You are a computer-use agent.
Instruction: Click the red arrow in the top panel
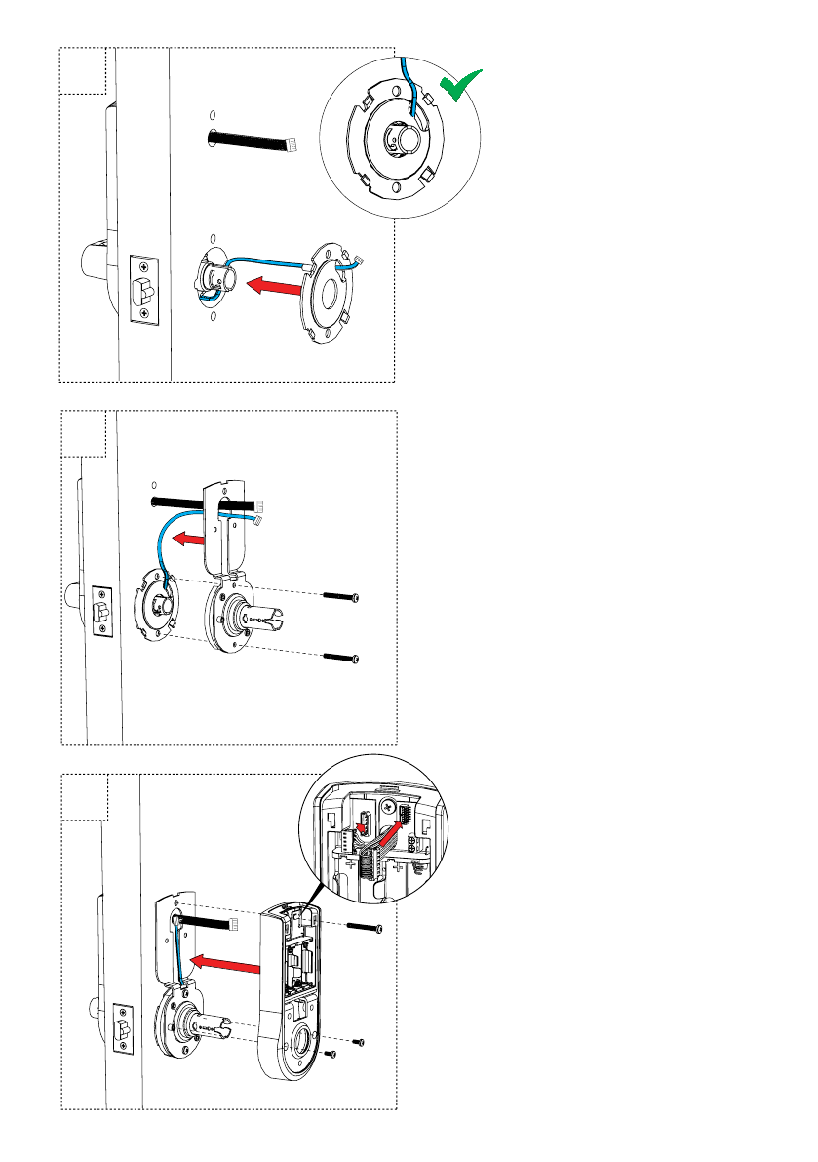point(270,285)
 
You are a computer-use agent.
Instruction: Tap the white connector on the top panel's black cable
point(292,145)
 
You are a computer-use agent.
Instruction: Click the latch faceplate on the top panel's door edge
point(144,288)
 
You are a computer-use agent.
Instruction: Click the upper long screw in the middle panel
point(341,595)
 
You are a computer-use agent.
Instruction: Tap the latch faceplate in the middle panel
point(102,611)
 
